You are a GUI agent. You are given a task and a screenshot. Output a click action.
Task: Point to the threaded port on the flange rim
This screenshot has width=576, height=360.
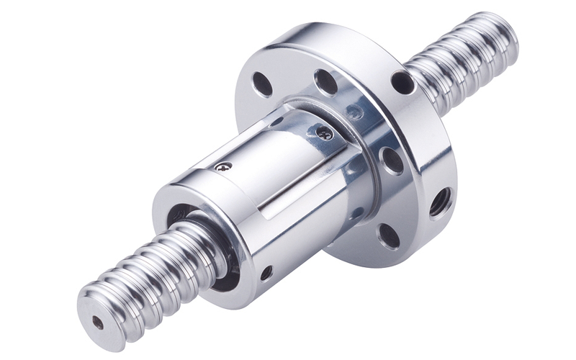click(441, 203)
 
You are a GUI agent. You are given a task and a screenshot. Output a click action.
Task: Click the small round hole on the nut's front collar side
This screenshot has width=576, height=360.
click(266, 273)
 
